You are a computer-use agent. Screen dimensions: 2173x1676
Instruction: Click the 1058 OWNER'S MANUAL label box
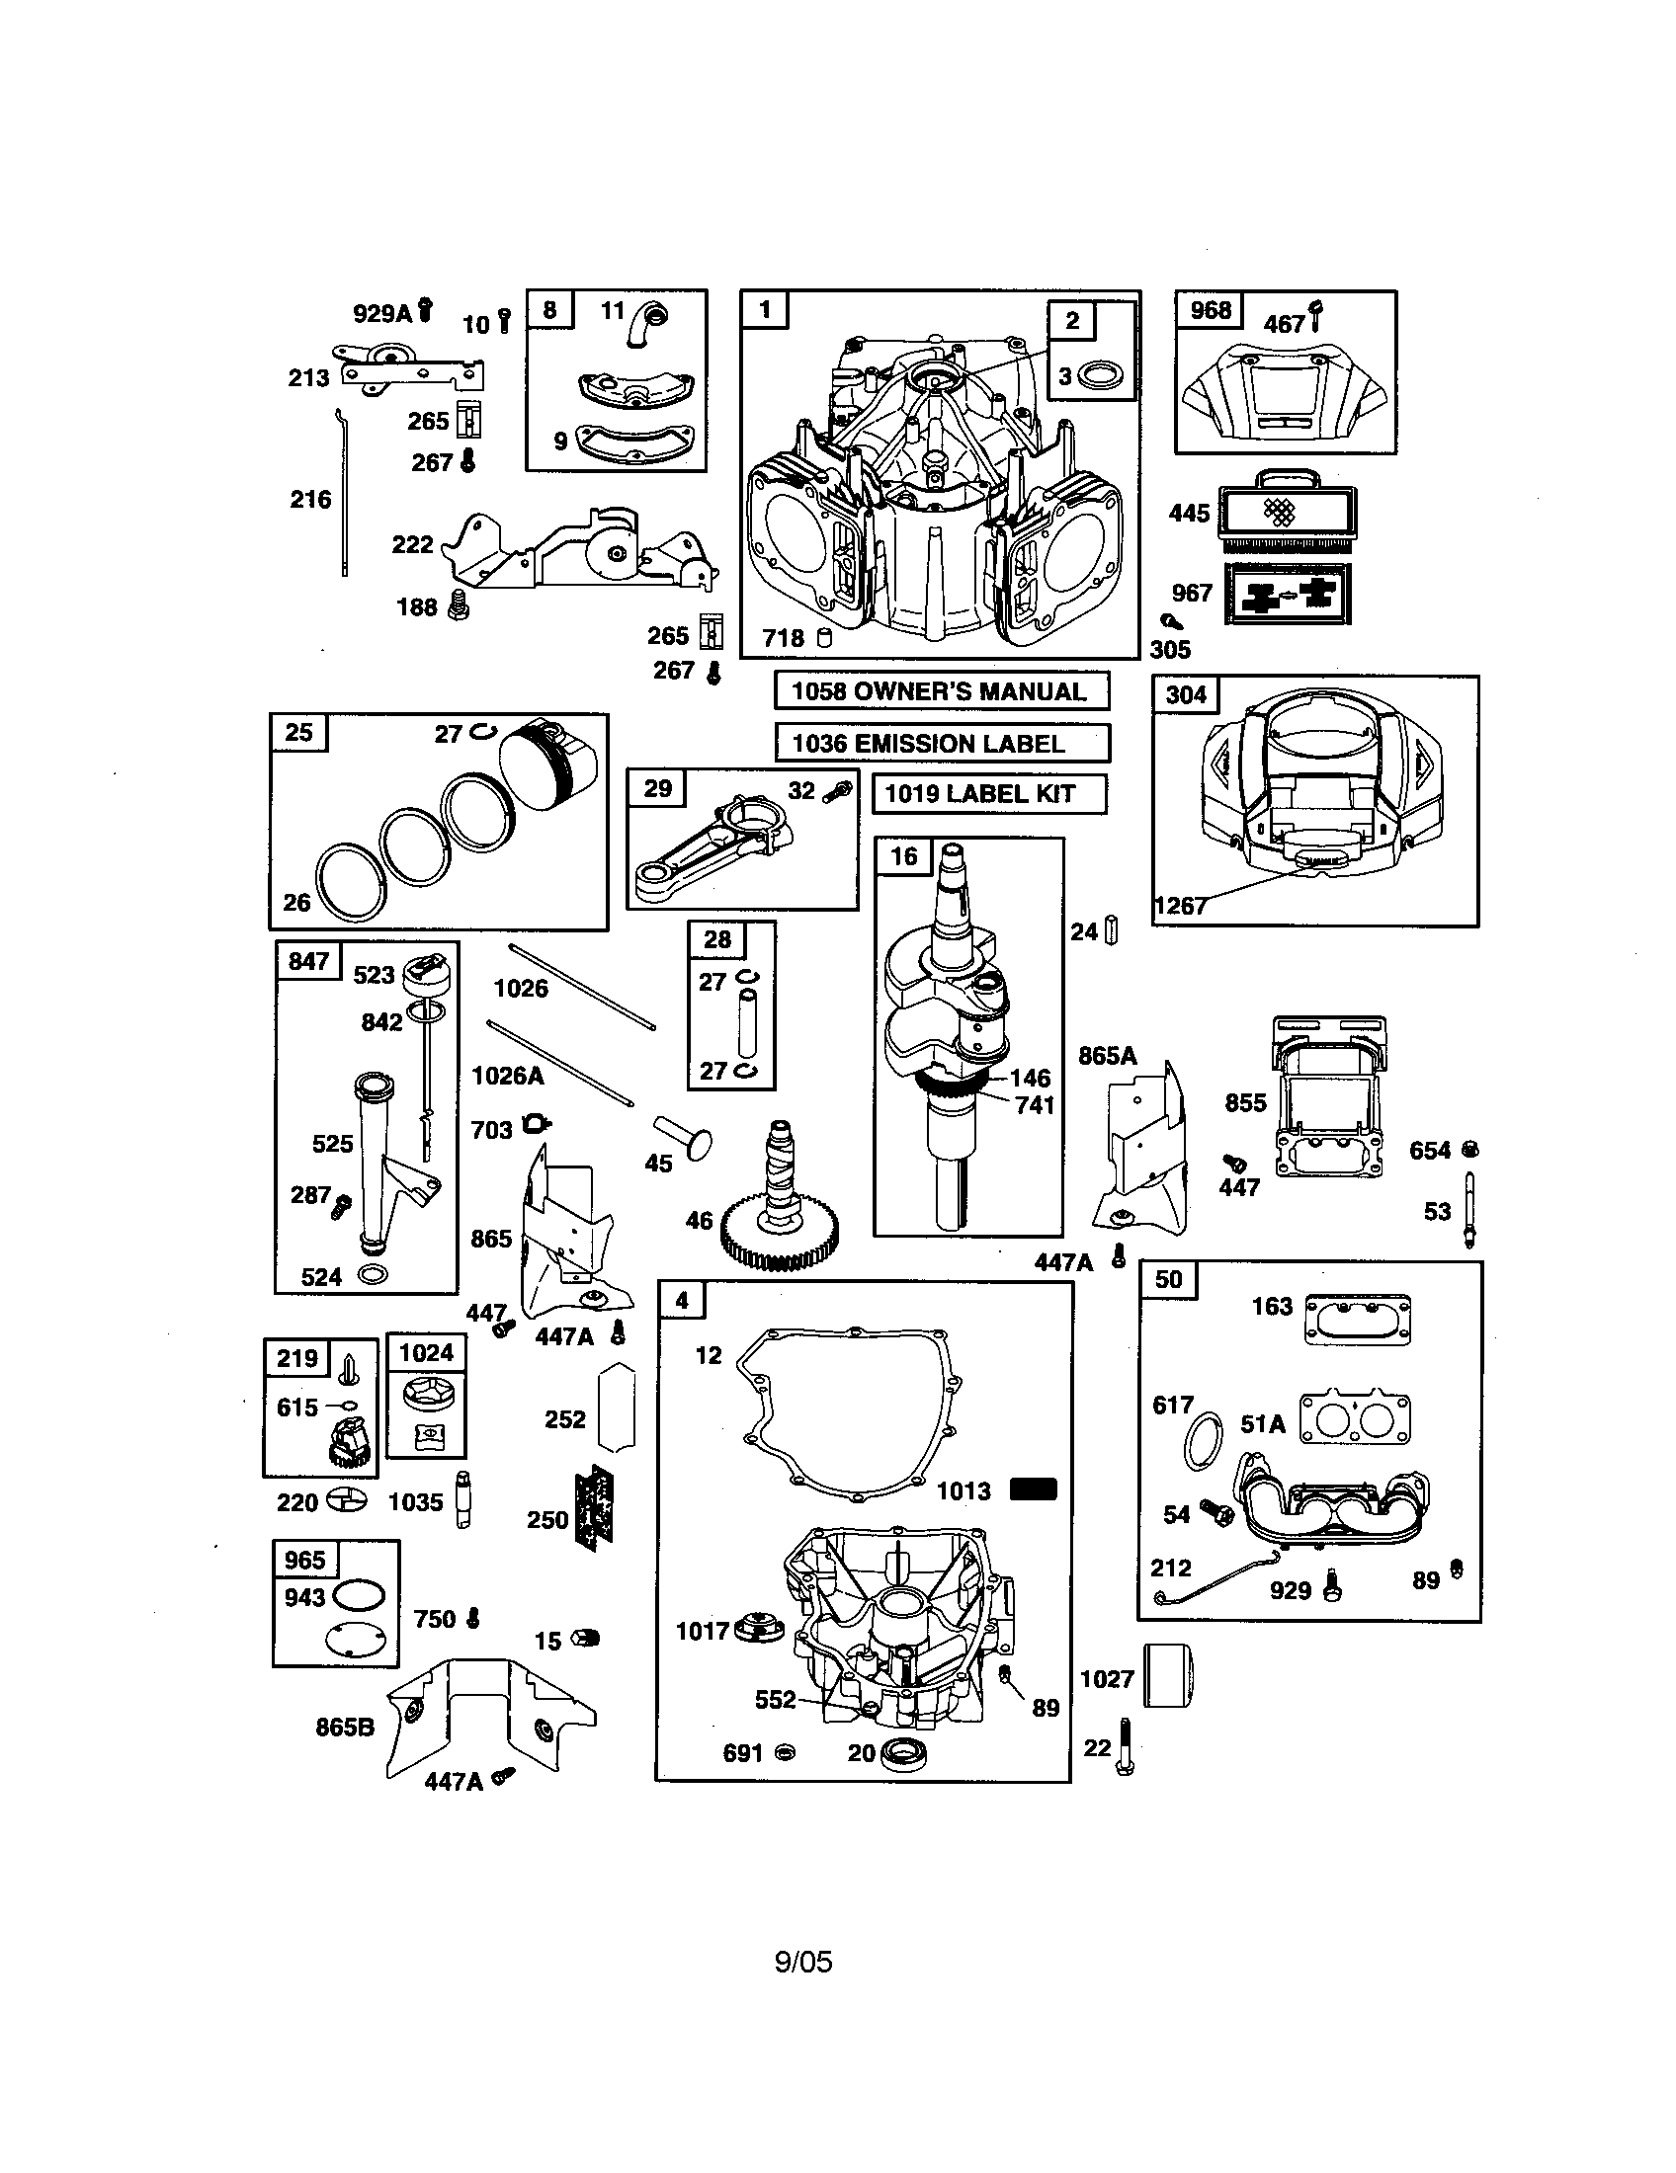click(941, 691)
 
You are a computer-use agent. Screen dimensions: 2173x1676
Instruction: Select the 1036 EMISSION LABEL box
click(941, 743)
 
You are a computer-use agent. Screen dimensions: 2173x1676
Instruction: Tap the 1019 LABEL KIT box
click(988, 794)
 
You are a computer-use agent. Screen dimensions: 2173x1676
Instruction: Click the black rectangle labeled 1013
click(1033, 1489)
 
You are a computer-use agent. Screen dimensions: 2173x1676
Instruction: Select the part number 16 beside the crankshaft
click(902, 856)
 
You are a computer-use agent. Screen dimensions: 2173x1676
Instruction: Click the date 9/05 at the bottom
click(803, 1962)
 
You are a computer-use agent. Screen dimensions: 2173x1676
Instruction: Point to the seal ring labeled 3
click(1102, 376)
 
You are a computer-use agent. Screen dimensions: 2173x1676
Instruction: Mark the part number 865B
click(345, 1728)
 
